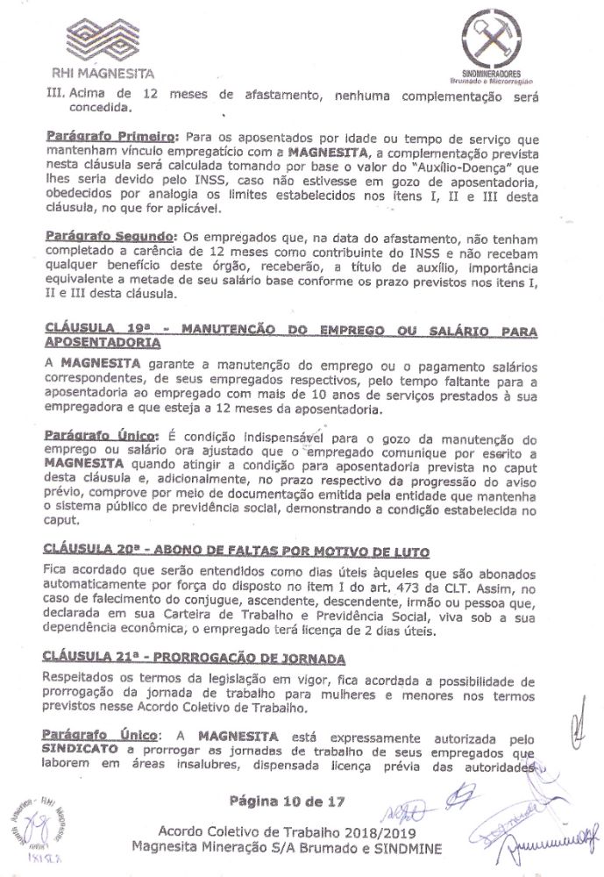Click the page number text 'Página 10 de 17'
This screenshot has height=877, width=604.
pos(284,802)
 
